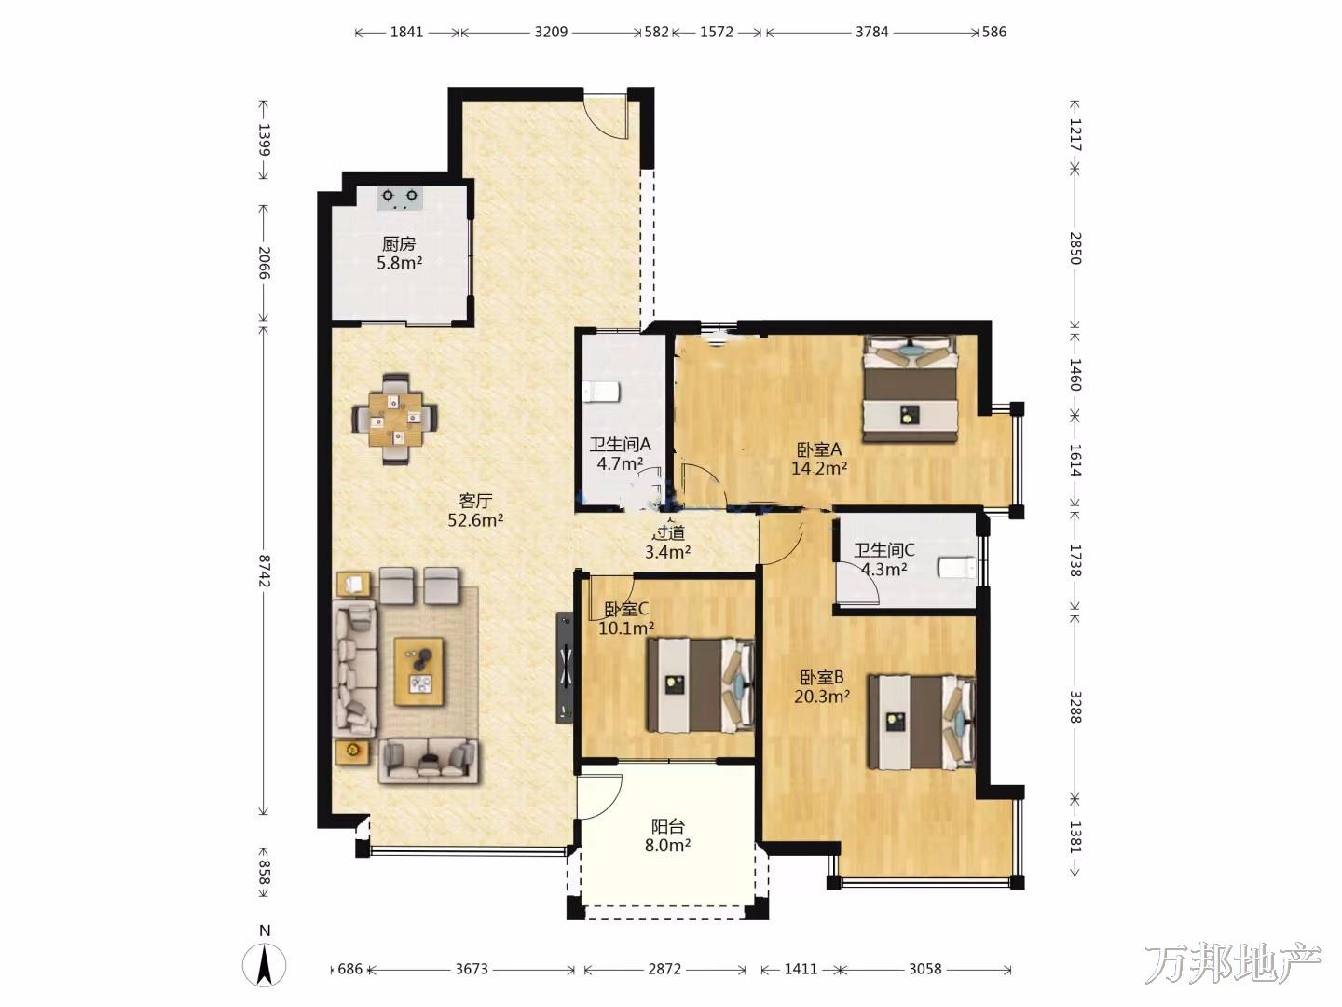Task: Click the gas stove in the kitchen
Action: (400, 198)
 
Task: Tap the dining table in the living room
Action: (395, 420)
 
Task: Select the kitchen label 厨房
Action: (399, 244)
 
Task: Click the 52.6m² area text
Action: (475, 520)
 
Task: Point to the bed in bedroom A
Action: (910, 388)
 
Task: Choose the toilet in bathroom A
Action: (601, 392)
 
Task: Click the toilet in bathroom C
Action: (957, 567)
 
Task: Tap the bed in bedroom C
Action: (701, 685)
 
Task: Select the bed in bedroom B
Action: (922, 722)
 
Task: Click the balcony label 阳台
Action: (667, 827)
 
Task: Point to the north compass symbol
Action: (265, 964)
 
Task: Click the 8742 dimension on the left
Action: (264, 571)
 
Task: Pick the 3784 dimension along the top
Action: (872, 32)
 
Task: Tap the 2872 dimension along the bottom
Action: (664, 969)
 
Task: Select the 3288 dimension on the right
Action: (1075, 707)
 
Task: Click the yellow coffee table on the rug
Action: (418, 671)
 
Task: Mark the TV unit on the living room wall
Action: (565, 668)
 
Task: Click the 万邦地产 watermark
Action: (1233, 963)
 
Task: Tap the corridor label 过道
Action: (668, 533)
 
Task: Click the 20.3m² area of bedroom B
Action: (822, 696)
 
